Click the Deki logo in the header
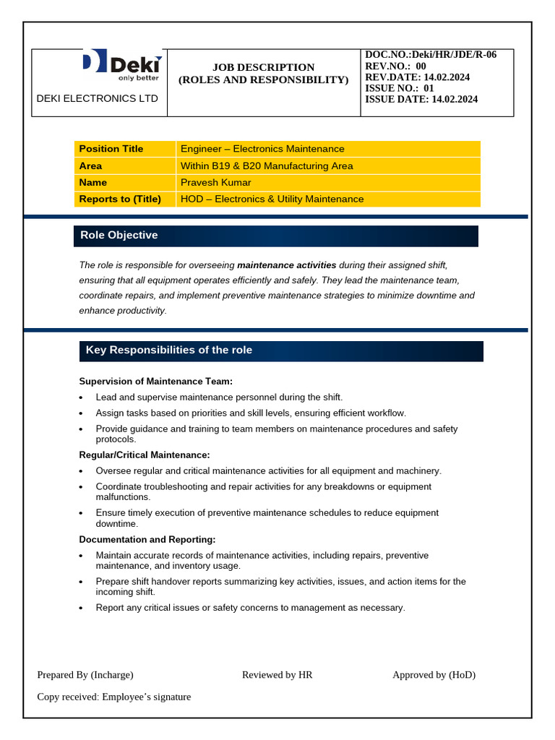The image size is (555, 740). click(x=121, y=65)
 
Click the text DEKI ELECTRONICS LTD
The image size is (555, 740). click(x=97, y=98)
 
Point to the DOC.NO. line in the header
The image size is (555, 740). click(x=431, y=55)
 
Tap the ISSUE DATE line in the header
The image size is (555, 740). click(x=421, y=100)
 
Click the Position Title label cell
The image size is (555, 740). click(x=111, y=149)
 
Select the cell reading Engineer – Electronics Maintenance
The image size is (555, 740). click(x=262, y=149)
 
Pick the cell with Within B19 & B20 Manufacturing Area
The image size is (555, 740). click(x=267, y=165)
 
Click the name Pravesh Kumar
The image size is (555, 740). click(x=216, y=182)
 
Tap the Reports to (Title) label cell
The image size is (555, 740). click(x=120, y=199)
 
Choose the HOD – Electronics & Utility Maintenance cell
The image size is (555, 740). click(x=272, y=199)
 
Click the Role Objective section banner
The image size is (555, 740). click(x=275, y=236)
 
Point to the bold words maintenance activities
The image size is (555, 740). click(x=286, y=265)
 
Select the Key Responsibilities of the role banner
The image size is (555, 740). click(x=281, y=350)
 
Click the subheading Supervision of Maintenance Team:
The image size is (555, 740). click(x=155, y=381)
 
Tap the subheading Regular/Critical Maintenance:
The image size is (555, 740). click(x=144, y=455)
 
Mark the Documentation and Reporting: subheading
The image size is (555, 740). click(x=147, y=539)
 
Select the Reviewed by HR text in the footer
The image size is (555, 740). click(x=277, y=675)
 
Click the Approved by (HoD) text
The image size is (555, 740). click(x=434, y=675)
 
